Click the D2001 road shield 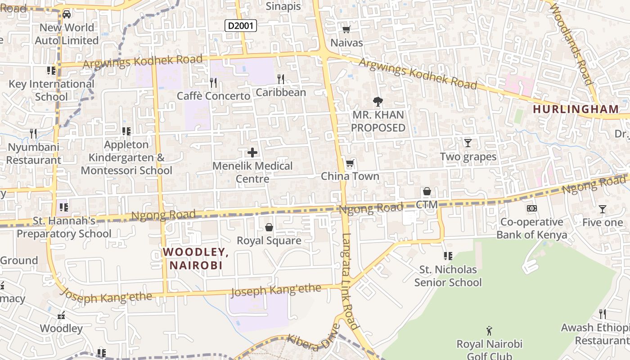coord(241,26)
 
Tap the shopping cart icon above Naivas coord(346,30)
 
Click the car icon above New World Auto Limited coord(67,14)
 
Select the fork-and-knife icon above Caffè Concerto coord(213,82)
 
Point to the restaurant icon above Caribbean coord(281,79)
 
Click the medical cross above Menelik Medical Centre coord(252,153)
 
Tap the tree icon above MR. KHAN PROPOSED coord(378,102)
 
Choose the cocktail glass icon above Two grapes coord(468,143)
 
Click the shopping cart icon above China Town coord(350,163)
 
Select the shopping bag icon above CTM coord(427,192)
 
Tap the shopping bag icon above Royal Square coord(269,227)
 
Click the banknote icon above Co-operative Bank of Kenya coord(532,208)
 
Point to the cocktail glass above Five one coord(602,209)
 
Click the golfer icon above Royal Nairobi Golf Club coord(489,331)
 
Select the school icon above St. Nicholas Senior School coord(448,256)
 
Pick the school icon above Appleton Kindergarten coord(126,131)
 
